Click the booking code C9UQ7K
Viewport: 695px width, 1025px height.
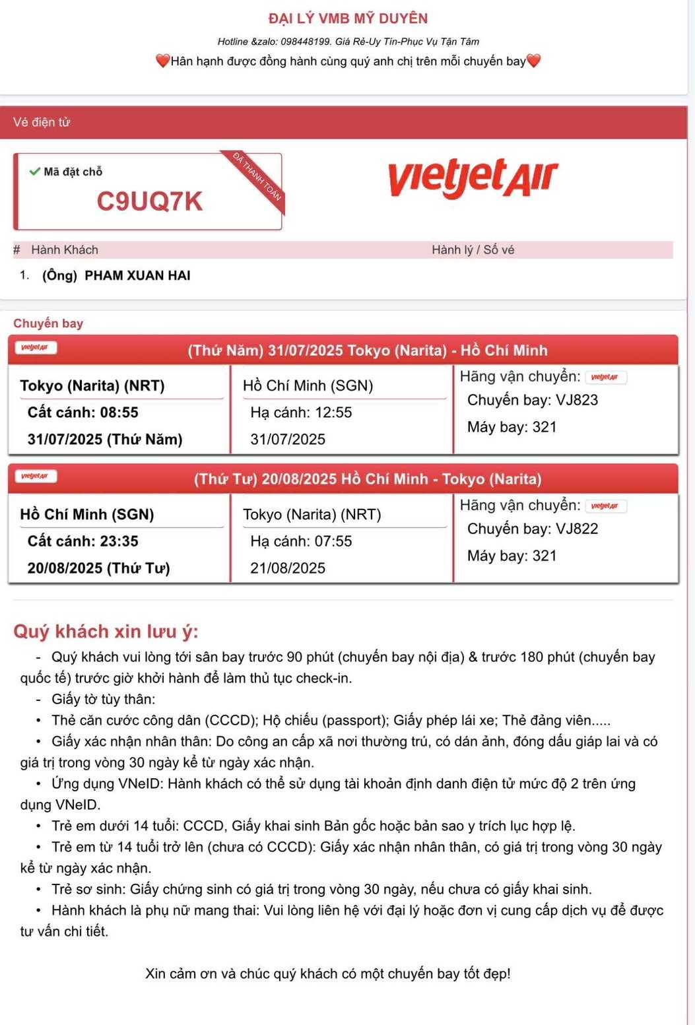pos(149,201)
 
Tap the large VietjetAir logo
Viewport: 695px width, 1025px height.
pos(473,178)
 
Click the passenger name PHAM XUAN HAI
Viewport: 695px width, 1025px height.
pos(137,276)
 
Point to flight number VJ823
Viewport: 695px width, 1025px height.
pos(577,400)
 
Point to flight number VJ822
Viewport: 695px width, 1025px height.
pos(577,529)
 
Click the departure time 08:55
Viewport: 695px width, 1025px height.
pos(119,413)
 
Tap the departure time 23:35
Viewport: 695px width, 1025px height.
pos(119,541)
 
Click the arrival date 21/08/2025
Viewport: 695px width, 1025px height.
pos(288,568)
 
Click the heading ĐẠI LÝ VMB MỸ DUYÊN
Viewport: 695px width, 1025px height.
pos(348,18)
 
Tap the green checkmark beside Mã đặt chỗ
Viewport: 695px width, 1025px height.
pos(34,172)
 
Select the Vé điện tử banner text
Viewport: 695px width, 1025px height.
pos(42,122)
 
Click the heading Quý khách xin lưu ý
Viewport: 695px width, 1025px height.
pos(106,632)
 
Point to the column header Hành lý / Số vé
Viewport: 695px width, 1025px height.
pos(473,249)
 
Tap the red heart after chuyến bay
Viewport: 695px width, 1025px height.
pos(534,61)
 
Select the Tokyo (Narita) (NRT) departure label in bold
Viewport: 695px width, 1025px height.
pos(92,385)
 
